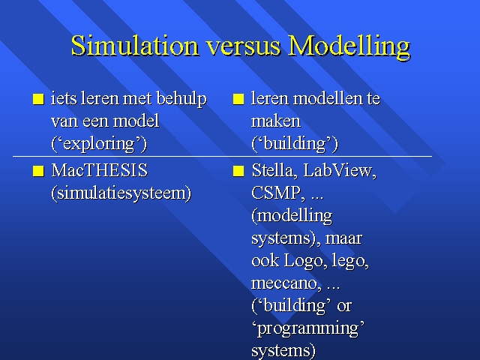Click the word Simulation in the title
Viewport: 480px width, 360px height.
(135, 45)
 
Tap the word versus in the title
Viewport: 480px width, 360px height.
(243, 47)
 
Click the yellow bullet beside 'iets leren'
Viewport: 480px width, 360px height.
(38, 99)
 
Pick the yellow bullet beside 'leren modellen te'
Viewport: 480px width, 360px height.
(238, 99)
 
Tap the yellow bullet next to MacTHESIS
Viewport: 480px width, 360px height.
(38, 171)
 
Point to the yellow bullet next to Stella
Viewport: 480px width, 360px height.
(238, 171)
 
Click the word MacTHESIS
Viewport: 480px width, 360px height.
(100, 170)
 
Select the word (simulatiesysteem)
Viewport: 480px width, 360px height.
(121, 193)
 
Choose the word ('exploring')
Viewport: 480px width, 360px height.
(99, 144)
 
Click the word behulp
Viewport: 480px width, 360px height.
(181, 99)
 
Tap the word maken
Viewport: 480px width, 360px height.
(276, 121)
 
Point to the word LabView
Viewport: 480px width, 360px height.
(340, 170)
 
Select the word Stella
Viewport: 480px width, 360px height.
(274, 170)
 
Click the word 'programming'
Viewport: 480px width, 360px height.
(308, 328)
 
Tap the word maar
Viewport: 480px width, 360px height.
(343, 238)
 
